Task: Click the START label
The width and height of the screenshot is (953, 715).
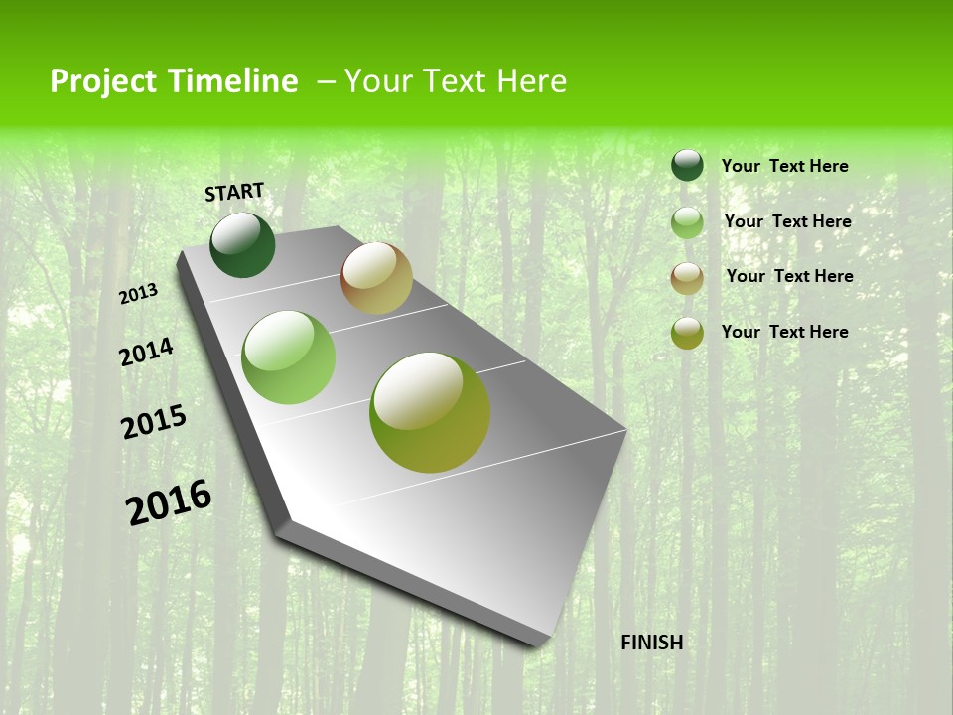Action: (234, 192)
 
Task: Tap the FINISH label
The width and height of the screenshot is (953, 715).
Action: (651, 643)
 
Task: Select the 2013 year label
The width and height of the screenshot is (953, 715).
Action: (138, 294)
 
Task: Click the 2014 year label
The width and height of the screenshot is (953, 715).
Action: (146, 352)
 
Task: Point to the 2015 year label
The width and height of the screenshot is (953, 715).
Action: (154, 422)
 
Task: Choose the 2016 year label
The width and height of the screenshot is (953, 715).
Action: (169, 502)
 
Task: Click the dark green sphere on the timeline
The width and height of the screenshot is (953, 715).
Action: (242, 244)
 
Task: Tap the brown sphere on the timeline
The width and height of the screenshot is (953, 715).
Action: (376, 278)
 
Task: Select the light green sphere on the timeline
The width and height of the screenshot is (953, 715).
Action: (289, 357)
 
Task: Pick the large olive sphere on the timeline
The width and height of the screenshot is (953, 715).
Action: (430, 412)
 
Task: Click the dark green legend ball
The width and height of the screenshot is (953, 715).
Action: (687, 166)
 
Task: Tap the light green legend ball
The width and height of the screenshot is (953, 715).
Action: (687, 222)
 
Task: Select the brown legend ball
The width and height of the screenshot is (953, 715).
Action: (687, 277)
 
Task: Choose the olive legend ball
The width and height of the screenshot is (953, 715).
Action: (687, 333)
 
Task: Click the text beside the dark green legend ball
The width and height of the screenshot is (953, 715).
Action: (784, 166)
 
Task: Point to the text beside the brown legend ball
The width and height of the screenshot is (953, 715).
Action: (789, 276)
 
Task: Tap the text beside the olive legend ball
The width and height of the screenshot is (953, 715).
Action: (784, 332)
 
